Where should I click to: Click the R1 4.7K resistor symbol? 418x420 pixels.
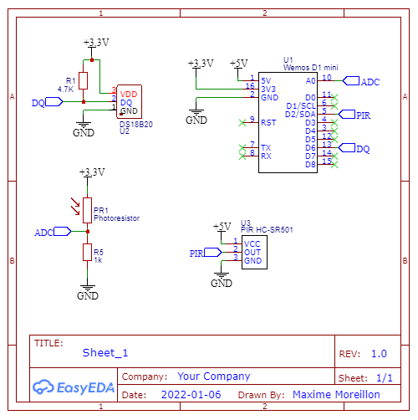coord(83,81)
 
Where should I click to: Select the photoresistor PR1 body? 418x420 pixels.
coord(87,210)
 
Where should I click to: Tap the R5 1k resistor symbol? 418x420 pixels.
coord(87,253)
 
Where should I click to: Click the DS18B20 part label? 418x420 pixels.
coord(136,125)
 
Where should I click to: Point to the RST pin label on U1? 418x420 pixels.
coord(268,123)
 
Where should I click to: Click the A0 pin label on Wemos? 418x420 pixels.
coord(311,81)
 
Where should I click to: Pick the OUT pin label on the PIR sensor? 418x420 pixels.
coord(252,253)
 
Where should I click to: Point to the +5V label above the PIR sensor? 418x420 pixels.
coord(222,227)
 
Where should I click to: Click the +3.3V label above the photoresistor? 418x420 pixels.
coord(92,172)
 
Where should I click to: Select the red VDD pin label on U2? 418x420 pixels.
coord(129,95)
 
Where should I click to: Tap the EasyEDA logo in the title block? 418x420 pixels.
coord(74,387)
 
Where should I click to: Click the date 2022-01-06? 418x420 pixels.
coord(191,395)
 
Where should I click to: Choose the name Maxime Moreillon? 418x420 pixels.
coord(336,395)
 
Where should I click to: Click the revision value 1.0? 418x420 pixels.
coord(379,354)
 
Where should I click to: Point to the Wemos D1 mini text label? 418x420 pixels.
coord(311,68)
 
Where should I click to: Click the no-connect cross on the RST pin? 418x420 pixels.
coord(242,123)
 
